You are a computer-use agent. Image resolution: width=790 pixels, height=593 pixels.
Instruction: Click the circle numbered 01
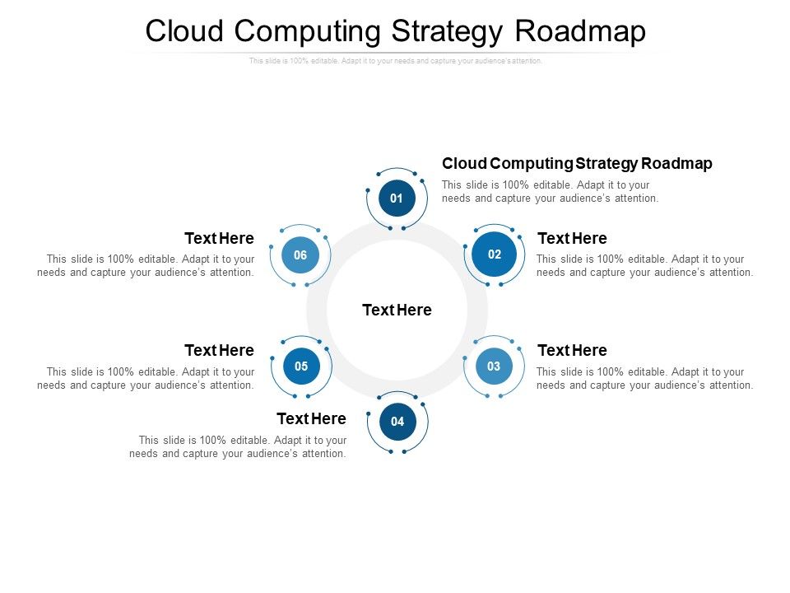coord(397,198)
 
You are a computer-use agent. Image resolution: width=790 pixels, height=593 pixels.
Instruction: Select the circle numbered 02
coord(494,254)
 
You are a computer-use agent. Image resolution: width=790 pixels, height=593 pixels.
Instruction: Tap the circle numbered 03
coord(494,367)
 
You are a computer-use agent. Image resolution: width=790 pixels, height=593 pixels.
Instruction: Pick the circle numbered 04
coord(397,422)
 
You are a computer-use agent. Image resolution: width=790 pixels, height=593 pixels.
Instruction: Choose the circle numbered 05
coord(301,367)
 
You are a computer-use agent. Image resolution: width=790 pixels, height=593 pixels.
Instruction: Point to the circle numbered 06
coord(300,255)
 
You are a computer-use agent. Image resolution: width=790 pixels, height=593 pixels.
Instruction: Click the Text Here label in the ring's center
coord(397,311)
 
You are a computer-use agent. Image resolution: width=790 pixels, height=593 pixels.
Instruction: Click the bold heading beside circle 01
coord(577,163)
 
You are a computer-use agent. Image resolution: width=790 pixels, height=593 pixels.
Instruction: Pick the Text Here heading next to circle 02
coord(572,239)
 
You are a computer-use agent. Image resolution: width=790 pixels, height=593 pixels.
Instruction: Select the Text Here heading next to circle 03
coord(572,351)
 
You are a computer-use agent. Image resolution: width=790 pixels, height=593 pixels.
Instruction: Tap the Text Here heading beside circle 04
coord(311,419)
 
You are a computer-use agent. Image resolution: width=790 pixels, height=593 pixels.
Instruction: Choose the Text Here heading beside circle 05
coord(219,351)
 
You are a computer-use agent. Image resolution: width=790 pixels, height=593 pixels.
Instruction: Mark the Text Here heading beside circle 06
coord(219,239)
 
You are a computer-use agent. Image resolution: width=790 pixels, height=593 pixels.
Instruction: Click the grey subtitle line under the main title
coord(396,61)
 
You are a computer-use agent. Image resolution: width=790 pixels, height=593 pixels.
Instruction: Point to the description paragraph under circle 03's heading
coord(644,379)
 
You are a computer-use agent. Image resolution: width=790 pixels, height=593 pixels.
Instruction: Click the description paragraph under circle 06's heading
coord(146,266)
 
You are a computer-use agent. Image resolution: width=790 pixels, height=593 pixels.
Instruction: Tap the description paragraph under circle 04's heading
coord(239,447)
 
